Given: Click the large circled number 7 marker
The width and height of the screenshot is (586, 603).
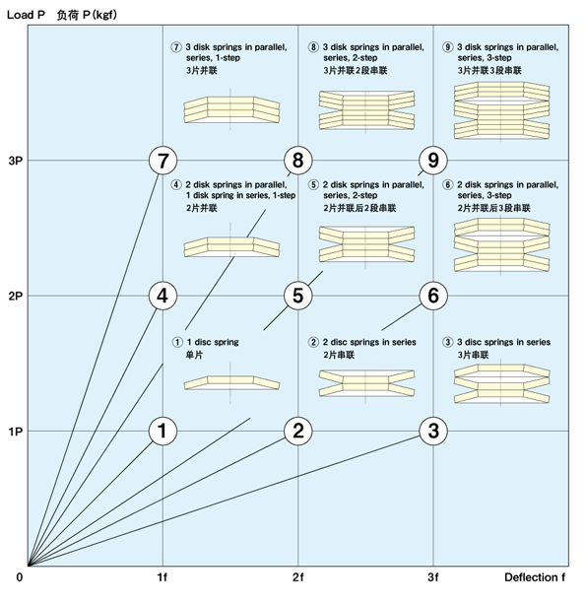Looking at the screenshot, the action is (x=163, y=161).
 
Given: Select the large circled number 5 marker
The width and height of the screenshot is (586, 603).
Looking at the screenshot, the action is (x=298, y=296).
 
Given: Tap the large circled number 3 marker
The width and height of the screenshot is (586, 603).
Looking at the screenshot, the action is (x=433, y=431).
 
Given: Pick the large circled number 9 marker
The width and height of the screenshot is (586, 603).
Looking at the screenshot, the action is (x=433, y=161).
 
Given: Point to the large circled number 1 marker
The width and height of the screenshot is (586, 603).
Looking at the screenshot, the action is (x=163, y=431).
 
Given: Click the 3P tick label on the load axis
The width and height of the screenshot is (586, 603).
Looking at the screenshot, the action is (x=15, y=161).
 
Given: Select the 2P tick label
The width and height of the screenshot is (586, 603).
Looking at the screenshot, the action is (x=15, y=297).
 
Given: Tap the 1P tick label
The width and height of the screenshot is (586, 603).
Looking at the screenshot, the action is (x=15, y=432).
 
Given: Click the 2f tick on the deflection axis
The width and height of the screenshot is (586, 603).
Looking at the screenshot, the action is (x=298, y=577).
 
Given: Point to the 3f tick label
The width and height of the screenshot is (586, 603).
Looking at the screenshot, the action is (x=433, y=577).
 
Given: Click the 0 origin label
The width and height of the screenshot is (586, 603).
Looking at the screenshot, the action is (x=20, y=577).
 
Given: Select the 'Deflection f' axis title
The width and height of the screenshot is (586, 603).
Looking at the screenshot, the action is (x=535, y=577).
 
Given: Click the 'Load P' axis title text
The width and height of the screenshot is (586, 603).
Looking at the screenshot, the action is (x=26, y=15).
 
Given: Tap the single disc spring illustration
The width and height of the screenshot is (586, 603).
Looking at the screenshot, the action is (x=231, y=383).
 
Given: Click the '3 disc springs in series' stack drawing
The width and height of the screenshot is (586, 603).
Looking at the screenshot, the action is (x=501, y=383).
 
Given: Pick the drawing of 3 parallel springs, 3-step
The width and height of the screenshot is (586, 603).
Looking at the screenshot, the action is (x=501, y=110).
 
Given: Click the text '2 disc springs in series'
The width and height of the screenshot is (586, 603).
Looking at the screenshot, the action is (x=369, y=342).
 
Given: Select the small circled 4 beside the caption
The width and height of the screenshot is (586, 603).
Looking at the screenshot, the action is (x=176, y=185).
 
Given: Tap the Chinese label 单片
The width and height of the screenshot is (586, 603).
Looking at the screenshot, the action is (x=194, y=355).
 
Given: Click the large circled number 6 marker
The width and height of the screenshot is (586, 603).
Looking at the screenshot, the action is (x=433, y=296).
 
